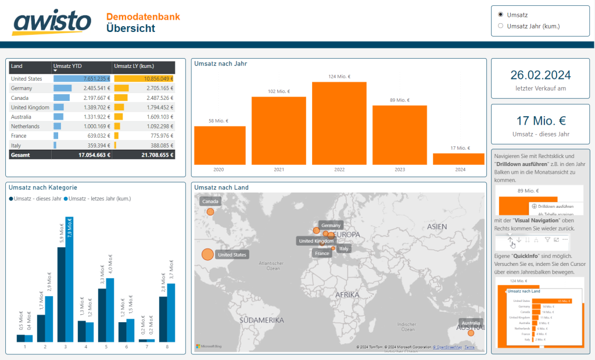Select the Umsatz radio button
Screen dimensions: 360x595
[x=501, y=14]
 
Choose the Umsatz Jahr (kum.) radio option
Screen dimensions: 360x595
[x=501, y=26]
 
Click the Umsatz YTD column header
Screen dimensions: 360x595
[x=68, y=66]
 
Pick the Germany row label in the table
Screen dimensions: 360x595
[x=21, y=88]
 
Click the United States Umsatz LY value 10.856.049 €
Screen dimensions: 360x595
[x=153, y=78]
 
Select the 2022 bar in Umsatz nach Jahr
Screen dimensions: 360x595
[x=339, y=123]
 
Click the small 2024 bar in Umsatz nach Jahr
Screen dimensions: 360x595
[x=458, y=159]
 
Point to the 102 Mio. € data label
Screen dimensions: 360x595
[x=279, y=91]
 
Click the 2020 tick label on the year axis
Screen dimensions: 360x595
[x=218, y=170]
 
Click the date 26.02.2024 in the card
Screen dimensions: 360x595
[x=540, y=75]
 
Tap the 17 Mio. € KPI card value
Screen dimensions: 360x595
[x=540, y=121]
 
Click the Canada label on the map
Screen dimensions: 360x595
[x=210, y=201]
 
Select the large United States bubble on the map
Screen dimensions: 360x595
[x=207, y=254]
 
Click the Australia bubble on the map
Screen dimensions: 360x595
[x=471, y=333]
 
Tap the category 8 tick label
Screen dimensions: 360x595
[x=167, y=347]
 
